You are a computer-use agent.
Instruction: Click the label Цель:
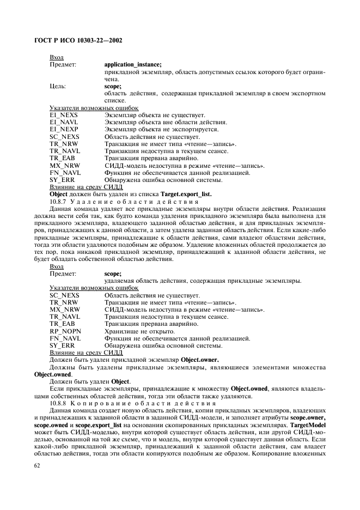coord(58,86)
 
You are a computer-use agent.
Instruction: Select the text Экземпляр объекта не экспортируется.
coord(161,130)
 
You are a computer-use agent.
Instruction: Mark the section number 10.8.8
coord(59,403)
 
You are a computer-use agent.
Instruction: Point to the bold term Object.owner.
coord(197,360)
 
